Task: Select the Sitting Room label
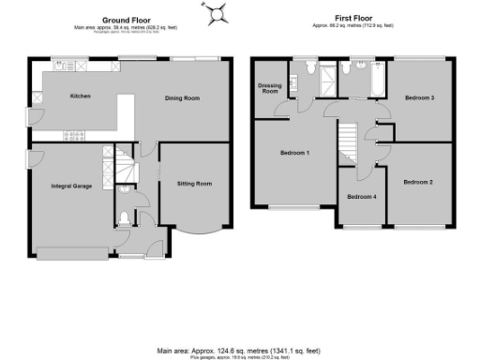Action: [194, 184]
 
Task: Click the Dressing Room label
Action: [269, 88]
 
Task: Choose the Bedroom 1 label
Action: [295, 152]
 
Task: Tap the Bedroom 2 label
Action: [418, 181]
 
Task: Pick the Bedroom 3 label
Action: [419, 97]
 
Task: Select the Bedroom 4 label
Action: [361, 197]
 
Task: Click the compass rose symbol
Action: [218, 13]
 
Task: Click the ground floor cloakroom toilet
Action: [126, 220]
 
